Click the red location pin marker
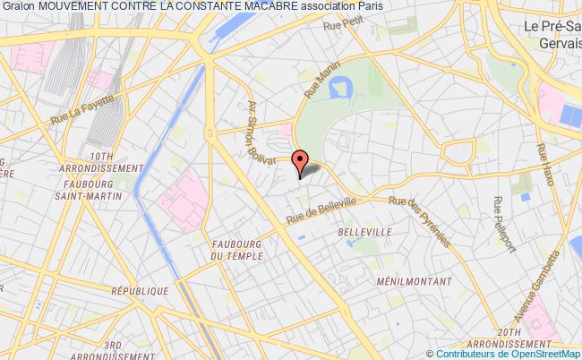point(300,161)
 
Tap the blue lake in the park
point(340,88)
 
